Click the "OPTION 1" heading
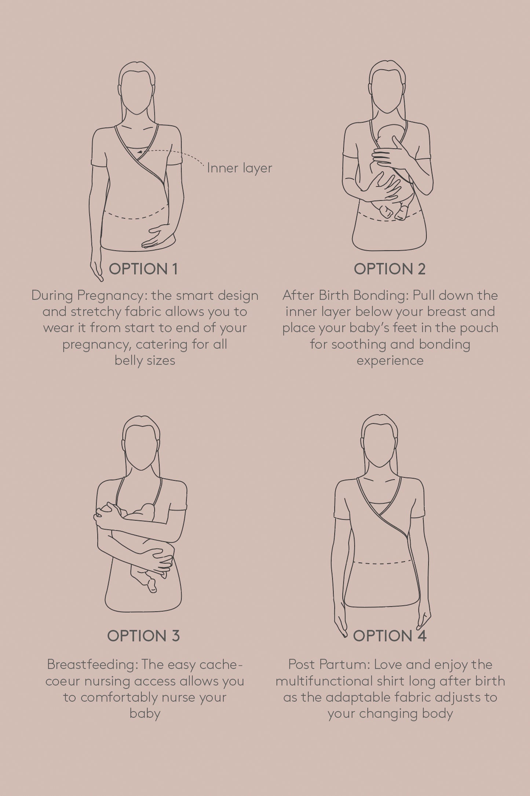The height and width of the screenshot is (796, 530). click(x=143, y=269)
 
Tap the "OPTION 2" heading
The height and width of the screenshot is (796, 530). click(x=390, y=269)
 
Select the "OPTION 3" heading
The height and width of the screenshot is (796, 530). click(x=143, y=636)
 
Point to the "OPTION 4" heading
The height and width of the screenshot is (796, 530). click(x=390, y=636)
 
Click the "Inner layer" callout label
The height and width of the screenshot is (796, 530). click(x=240, y=168)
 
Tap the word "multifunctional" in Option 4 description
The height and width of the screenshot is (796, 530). click(x=324, y=681)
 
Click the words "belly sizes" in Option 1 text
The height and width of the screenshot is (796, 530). click(x=145, y=361)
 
